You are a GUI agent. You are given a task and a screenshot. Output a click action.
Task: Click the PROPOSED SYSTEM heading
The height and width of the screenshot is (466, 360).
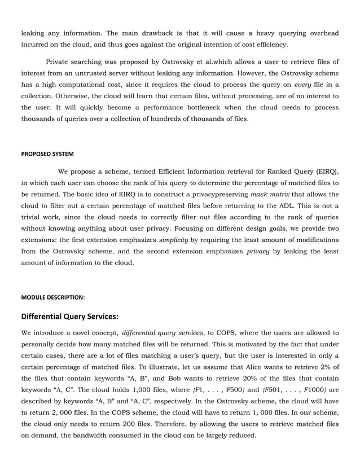[x=47, y=153]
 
